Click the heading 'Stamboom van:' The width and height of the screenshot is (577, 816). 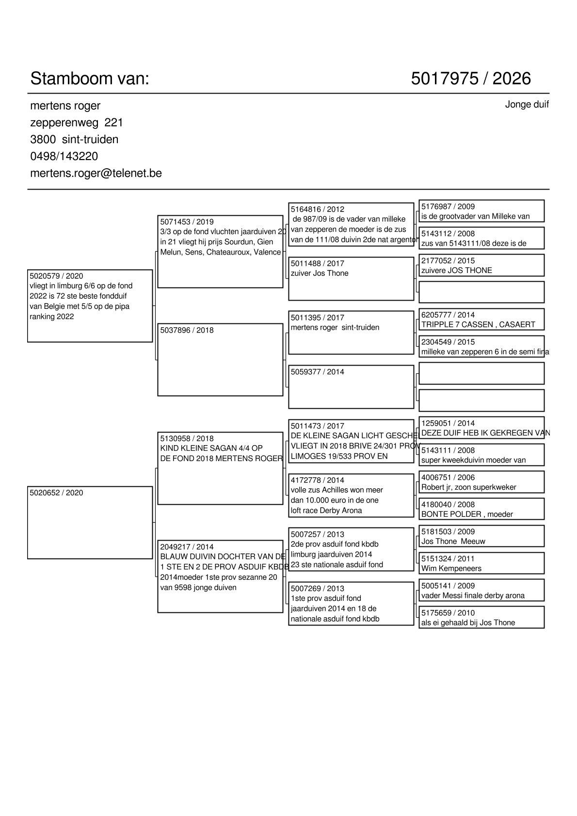point(90,79)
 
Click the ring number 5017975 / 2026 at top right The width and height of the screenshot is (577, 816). point(471,79)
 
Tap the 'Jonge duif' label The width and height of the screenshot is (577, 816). point(527,105)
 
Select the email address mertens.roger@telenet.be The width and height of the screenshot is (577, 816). point(96,173)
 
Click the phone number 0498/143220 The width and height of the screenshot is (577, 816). point(64,156)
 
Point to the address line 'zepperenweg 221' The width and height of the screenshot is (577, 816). point(77,122)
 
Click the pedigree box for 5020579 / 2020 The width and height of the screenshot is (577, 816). point(90,305)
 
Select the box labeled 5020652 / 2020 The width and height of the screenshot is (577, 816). point(90,522)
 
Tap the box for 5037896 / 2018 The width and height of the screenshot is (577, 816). point(220,360)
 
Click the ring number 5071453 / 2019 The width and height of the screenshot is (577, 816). point(187,222)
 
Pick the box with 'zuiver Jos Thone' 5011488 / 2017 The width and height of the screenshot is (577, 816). point(351,279)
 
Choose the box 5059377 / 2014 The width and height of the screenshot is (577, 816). point(351,387)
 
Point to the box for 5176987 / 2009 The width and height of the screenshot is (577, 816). point(481,211)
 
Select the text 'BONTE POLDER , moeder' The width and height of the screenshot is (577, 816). point(467,514)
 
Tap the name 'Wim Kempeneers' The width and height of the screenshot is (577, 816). point(451,569)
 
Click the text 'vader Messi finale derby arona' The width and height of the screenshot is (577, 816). point(473,596)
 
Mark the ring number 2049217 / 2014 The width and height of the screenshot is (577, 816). point(187,547)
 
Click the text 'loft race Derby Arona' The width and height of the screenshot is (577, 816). point(326,511)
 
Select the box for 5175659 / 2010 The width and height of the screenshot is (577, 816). point(481,617)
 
